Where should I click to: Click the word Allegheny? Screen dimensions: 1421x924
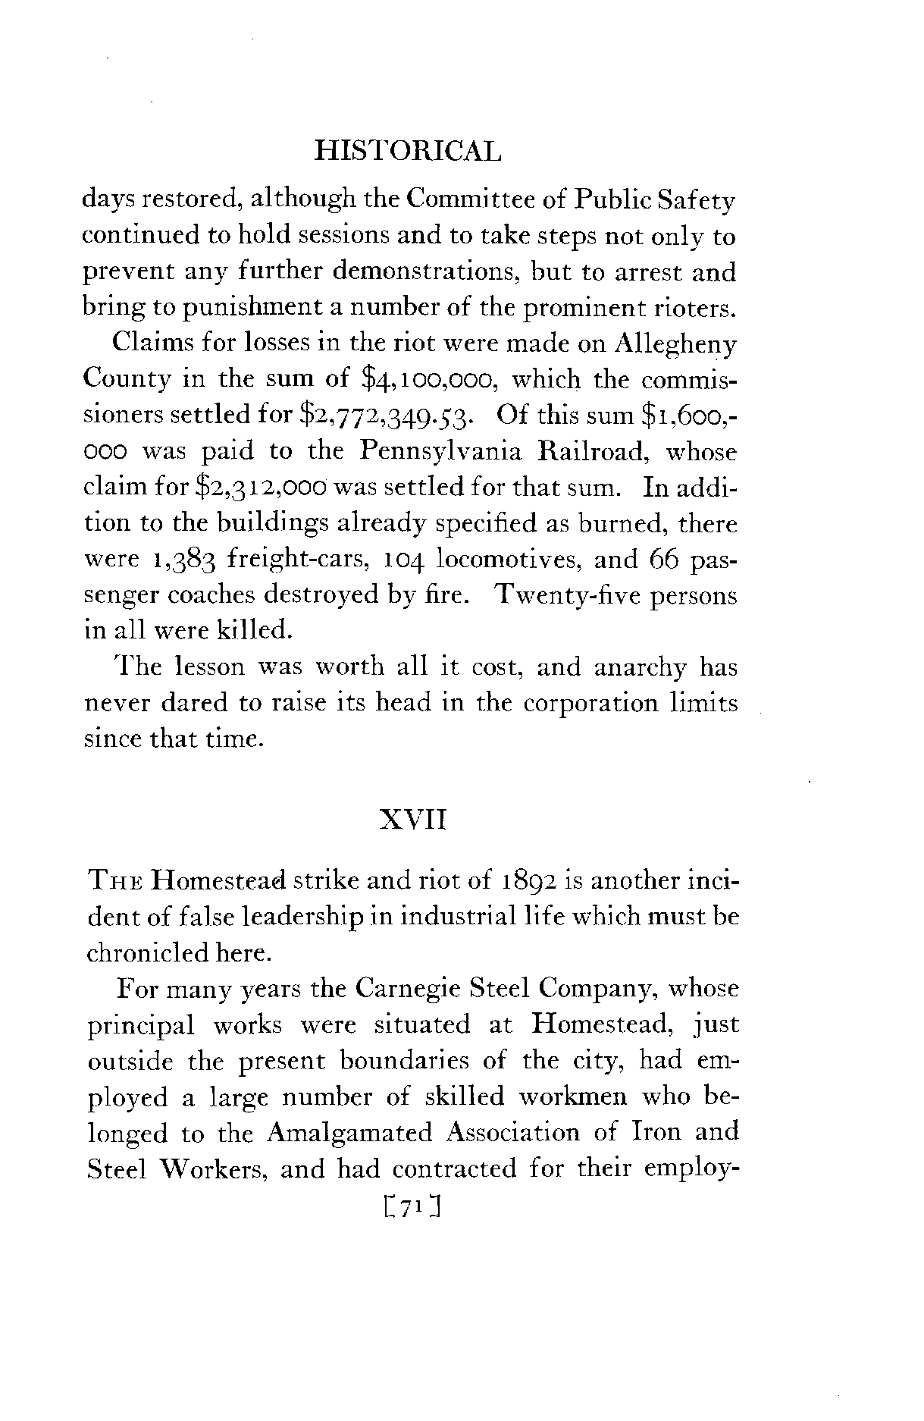coord(676,343)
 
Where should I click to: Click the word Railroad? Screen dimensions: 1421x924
coord(589,452)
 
